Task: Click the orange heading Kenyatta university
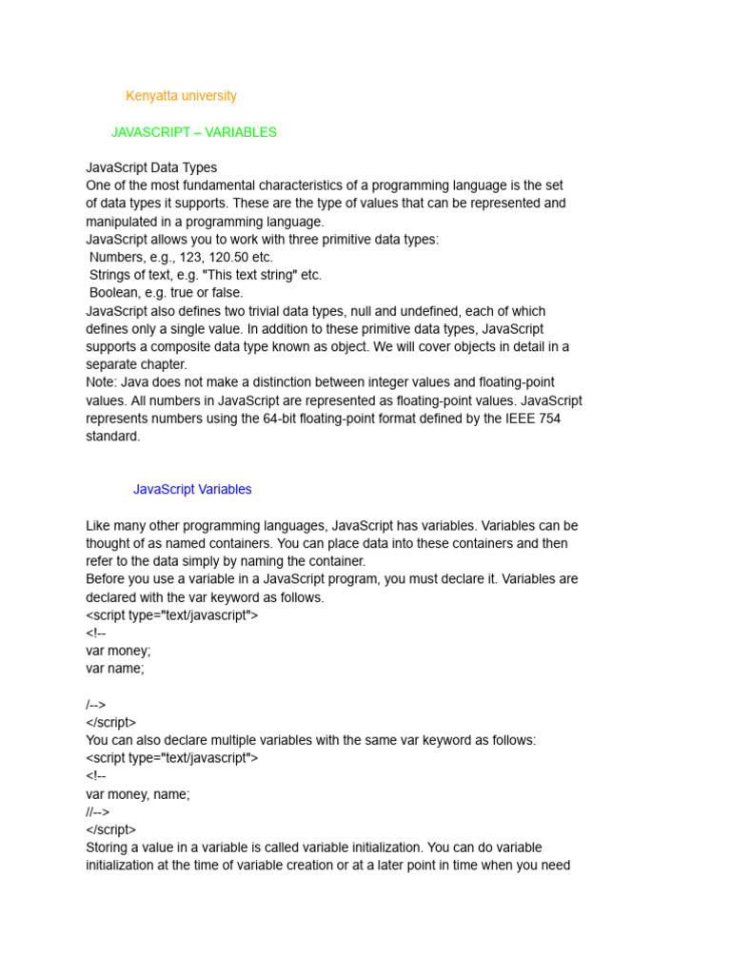[x=181, y=96]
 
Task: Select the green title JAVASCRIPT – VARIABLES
[x=194, y=132]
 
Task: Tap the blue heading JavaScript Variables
[x=192, y=489]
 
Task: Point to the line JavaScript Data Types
[x=151, y=168]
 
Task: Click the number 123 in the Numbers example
[x=186, y=258]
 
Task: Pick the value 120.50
[x=227, y=258]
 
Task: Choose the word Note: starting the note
[x=103, y=382]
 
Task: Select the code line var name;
[x=115, y=669]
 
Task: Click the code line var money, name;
[x=138, y=794]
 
